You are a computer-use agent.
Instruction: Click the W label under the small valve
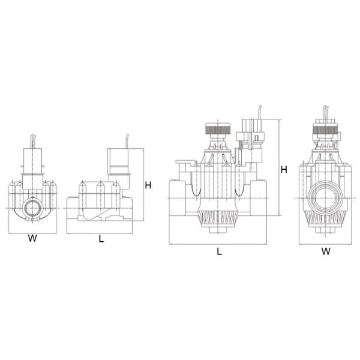coord(33,238)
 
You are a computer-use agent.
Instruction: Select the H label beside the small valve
coord(148,185)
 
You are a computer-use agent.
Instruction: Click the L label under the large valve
coord(219,252)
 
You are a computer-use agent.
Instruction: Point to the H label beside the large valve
coord(284,170)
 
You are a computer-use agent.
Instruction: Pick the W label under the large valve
coord(325,252)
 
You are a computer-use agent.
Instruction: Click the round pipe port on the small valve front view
coord(33,208)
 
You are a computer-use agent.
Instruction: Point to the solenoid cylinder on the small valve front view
coord(33,159)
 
